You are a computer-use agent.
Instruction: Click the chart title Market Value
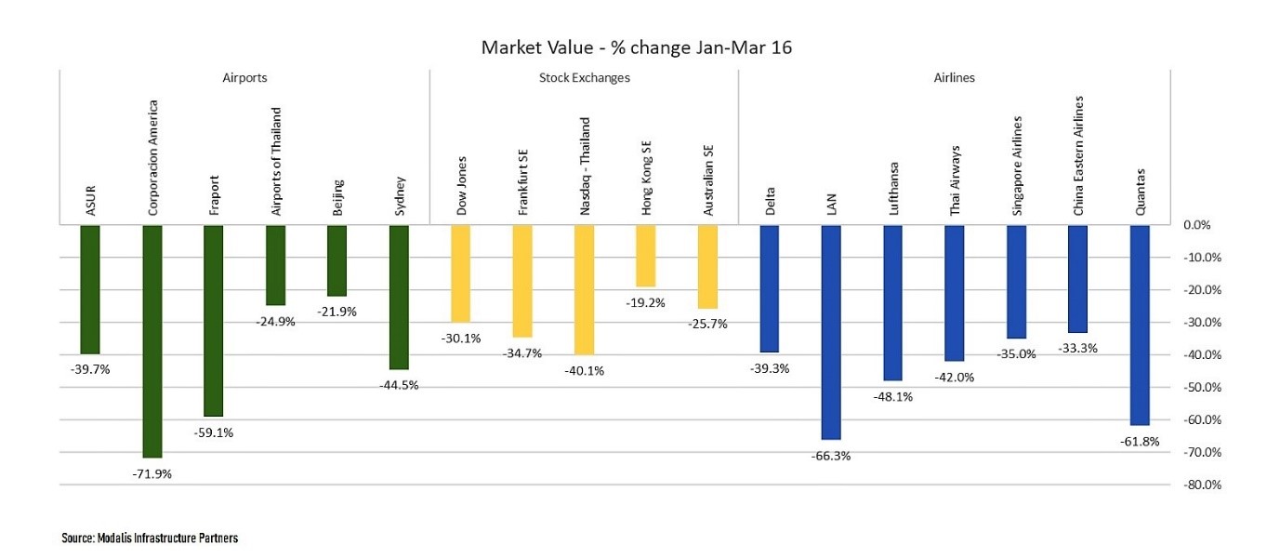tap(637, 47)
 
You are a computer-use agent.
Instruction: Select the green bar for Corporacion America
tap(152, 340)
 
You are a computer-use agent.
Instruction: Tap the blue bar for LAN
tap(831, 331)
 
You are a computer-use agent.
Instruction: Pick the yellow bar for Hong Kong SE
tap(645, 256)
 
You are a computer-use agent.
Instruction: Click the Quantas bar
tap(1140, 325)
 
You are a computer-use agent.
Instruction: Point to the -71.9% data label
tap(152, 473)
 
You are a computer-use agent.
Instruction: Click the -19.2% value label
tap(645, 302)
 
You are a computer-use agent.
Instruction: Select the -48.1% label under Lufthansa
tap(892, 396)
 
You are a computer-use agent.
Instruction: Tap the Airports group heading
tap(244, 78)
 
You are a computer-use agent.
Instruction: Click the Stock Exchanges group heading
tap(584, 78)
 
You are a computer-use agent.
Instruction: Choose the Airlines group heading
tap(954, 78)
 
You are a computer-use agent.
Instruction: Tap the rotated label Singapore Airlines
tap(1016, 166)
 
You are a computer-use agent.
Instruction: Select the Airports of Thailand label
tap(275, 162)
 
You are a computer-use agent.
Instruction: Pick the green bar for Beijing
tap(336, 260)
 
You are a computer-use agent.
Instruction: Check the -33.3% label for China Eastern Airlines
tap(1077, 348)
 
